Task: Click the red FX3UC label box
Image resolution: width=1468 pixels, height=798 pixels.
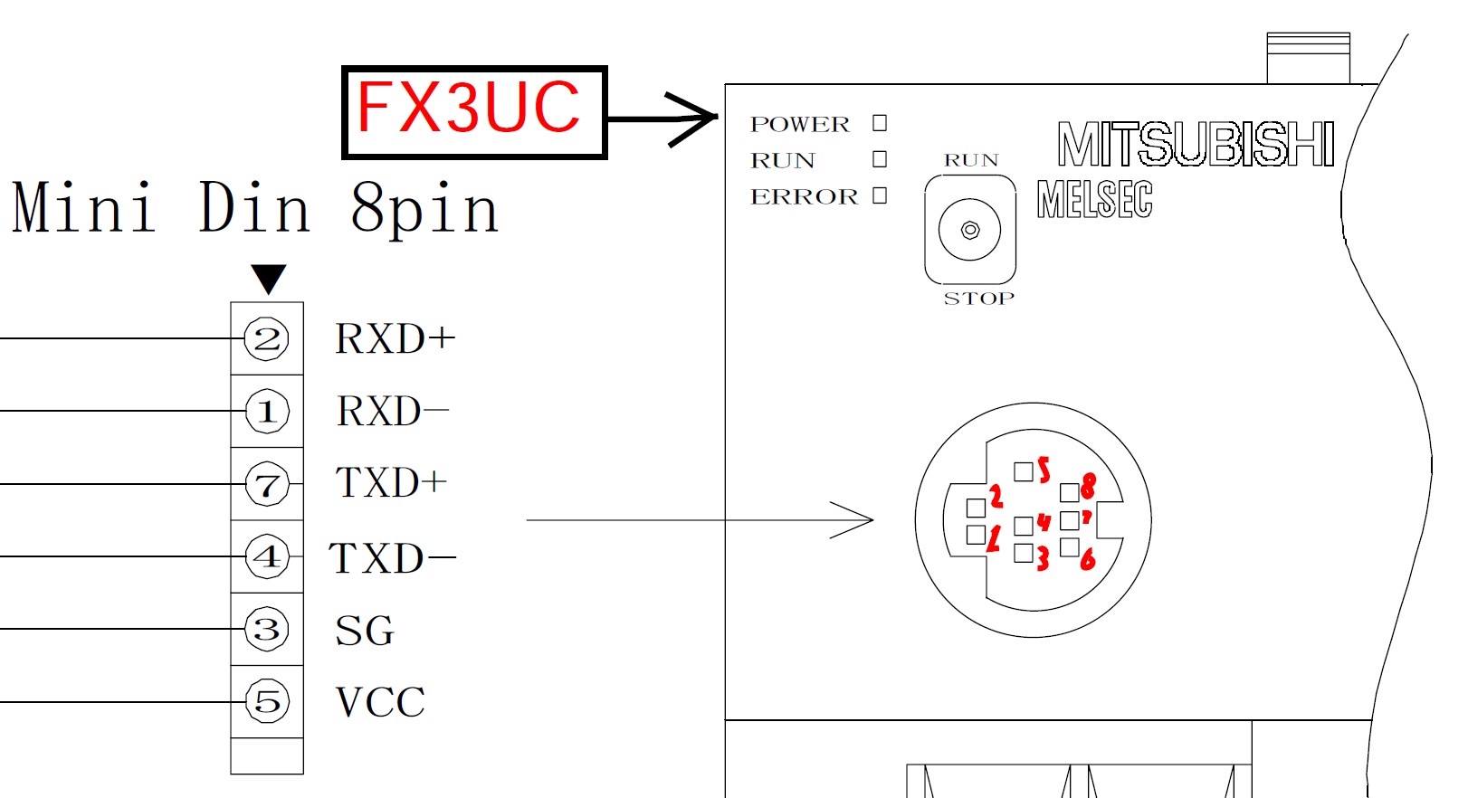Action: tap(473, 112)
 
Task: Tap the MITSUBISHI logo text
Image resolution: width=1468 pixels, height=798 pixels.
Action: tap(1196, 145)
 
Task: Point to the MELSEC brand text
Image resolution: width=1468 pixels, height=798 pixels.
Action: tap(1094, 199)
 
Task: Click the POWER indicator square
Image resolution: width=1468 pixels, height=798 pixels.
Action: tap(880, 123)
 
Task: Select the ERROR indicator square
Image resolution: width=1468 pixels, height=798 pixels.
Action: tap(880, 195)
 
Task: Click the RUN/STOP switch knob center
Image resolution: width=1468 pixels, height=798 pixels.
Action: tap(970, 230)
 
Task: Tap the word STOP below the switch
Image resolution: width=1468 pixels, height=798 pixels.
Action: tap(978, 299)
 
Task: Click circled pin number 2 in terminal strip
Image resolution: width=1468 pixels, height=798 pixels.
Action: tap(267, 339)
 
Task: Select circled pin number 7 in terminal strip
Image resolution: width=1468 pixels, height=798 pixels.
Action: tap(267, 485)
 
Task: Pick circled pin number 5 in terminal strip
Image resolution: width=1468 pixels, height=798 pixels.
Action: tap(267, 701)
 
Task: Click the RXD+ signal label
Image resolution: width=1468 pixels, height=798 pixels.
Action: tap(395, 339)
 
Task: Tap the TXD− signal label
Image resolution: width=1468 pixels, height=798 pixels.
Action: tap(391, 558)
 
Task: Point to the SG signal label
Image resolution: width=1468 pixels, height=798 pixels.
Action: tap(365, 631)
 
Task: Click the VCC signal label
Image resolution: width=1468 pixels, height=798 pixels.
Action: tap(380, 702)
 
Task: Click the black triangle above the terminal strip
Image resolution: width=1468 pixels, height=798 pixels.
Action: tap(269, 278)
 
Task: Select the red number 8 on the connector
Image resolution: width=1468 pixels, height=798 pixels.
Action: tap(1088, 486)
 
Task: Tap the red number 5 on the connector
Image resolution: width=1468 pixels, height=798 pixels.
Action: tap(1044, 470)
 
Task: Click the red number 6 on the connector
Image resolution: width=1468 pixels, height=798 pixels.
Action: tap(1088, 559)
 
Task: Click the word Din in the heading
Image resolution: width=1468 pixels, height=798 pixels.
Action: tap(254, 208)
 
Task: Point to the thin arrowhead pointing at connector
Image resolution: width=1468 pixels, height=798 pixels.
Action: tap(855, 520)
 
